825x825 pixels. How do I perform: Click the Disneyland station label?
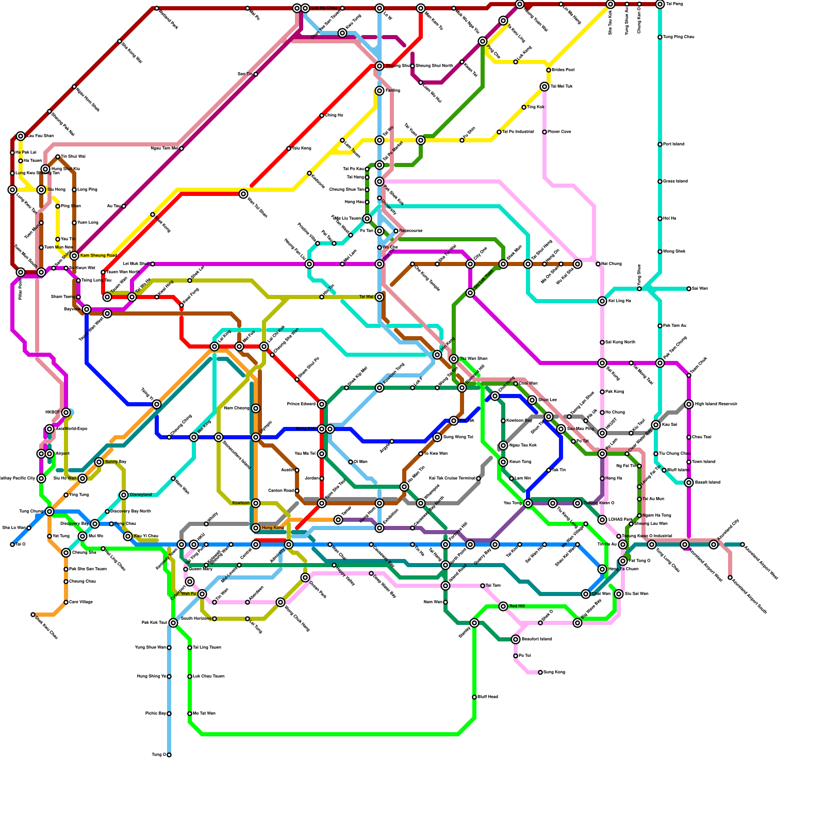click(141, 495)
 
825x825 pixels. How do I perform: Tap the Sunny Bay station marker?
click(99, 462)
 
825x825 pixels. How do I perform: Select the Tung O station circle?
click(169, 755)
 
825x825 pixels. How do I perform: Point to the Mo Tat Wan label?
click(204, 714)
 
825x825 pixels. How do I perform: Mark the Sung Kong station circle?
click(540, 672)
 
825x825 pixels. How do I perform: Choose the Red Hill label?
click(517, 606)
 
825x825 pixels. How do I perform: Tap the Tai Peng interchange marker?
click(660, 4)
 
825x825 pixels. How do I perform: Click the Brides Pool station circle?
click(549, 70)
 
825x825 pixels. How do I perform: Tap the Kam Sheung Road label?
click(98, 256)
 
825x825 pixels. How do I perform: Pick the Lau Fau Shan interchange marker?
click(21, 136)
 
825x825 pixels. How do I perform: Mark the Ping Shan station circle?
click(58, 206)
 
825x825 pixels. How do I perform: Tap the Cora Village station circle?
click(66, 602)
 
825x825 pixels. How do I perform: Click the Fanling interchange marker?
click(379, 91)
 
